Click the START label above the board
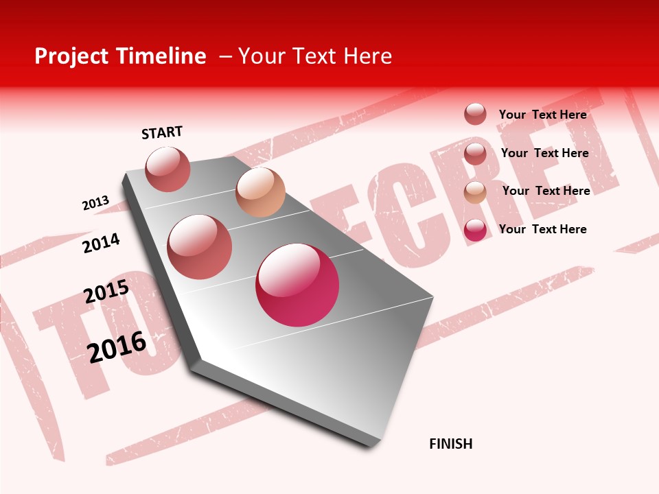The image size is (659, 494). click(162, 132)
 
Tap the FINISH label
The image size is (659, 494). click(451, 444)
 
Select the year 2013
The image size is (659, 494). click(95, 203)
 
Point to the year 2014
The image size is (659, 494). click(101, 243)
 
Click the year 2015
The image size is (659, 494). click(106, 292)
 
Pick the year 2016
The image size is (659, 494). click(117, 346)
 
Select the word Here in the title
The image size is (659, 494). click(367, 56)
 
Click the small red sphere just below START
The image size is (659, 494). click(167, 169)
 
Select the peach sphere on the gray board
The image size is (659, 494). click(260, 192)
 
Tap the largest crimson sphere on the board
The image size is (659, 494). click(297, 285)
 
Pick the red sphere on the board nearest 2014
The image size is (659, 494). click(199, 247)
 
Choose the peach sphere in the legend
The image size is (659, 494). click(475, 192)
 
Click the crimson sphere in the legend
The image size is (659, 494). click(475, 230)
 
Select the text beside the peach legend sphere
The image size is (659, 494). click(546, 191)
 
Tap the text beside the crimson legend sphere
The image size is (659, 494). click(542, 229)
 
